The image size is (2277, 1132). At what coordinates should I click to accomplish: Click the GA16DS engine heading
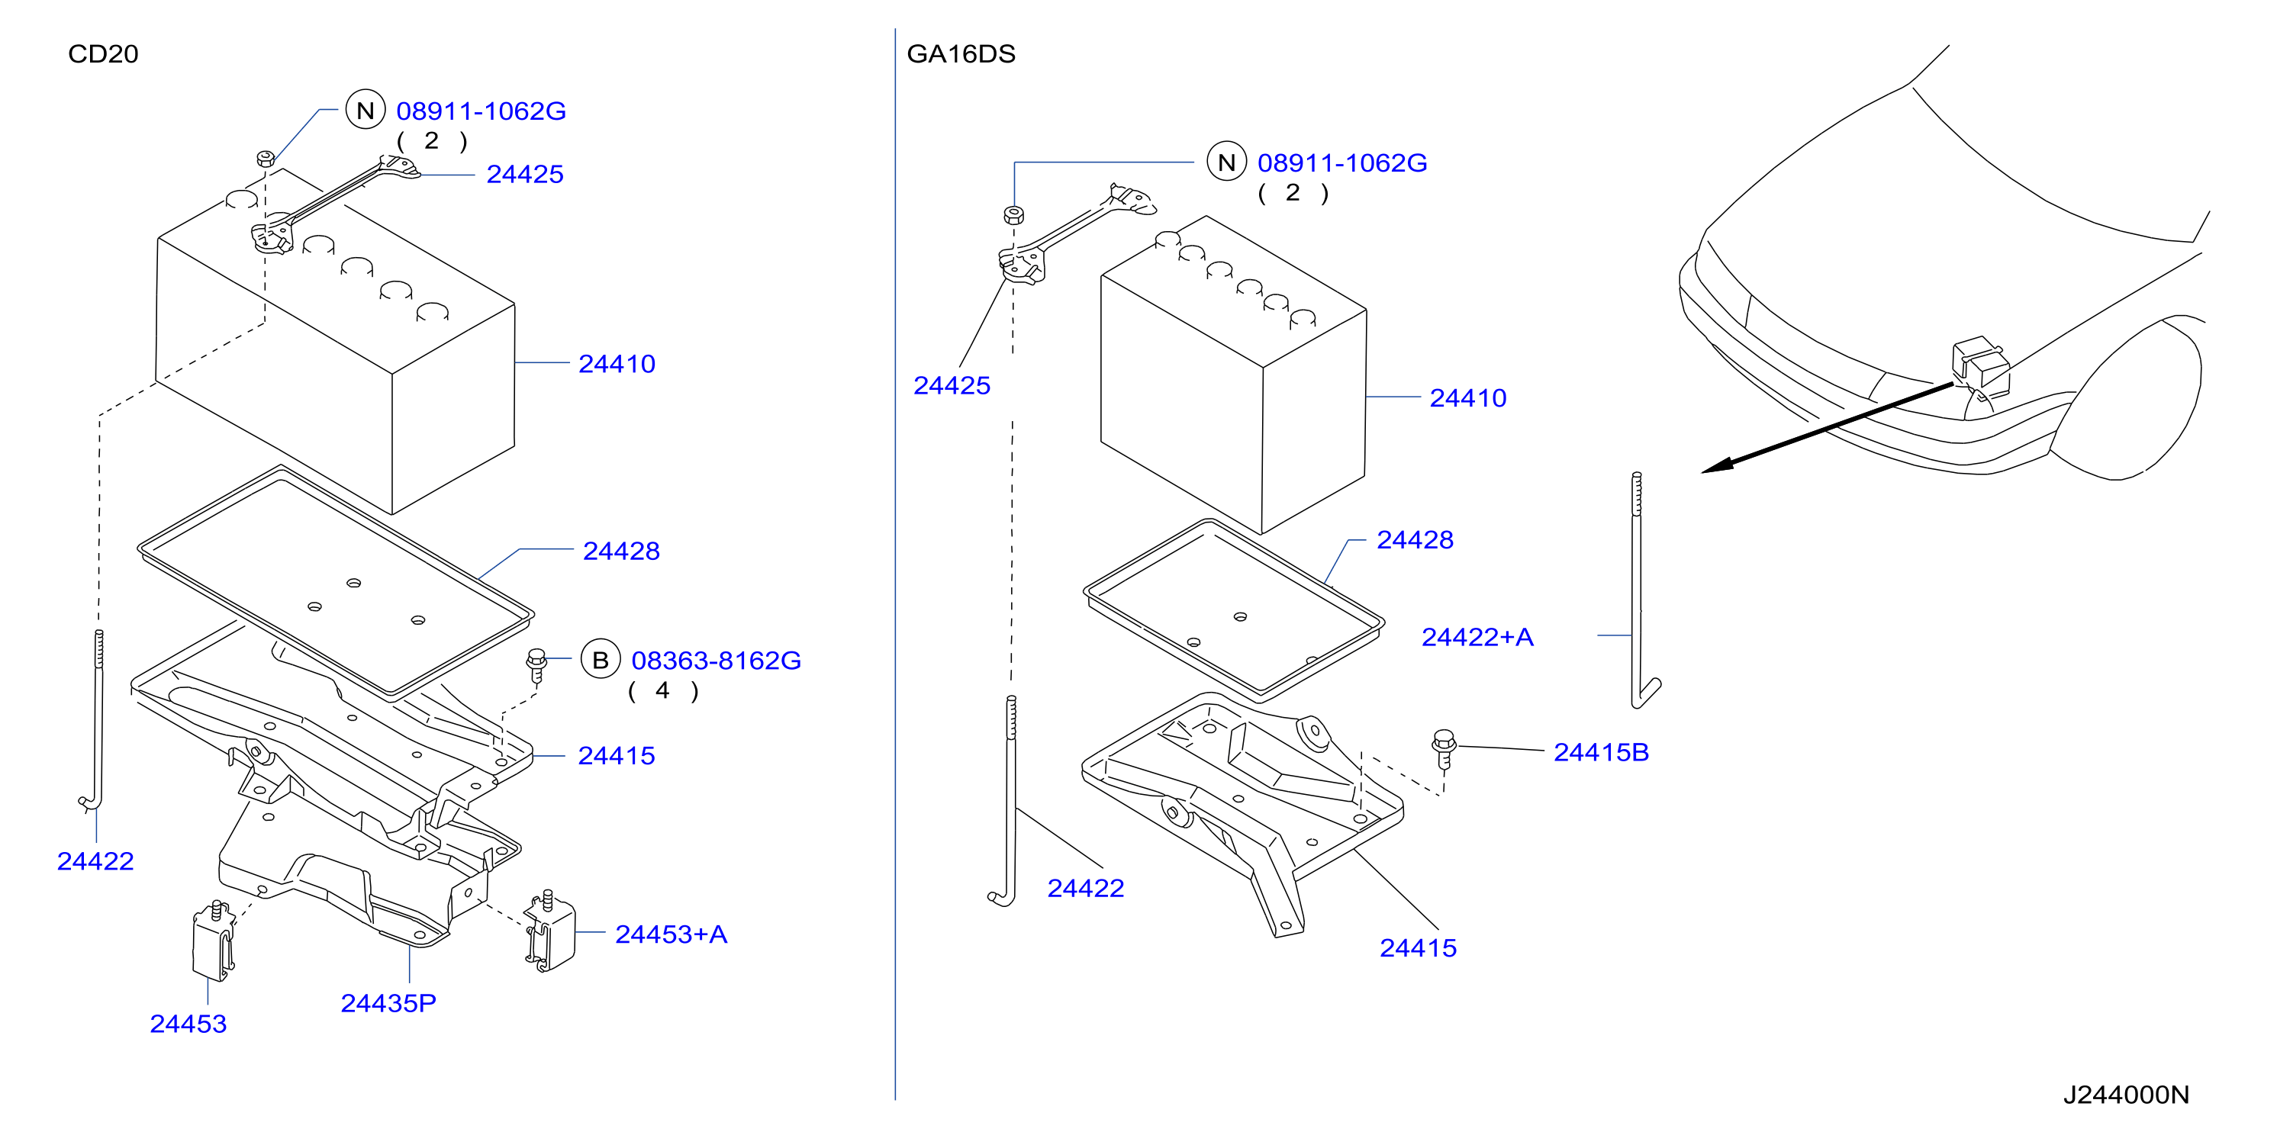pyautogui.click(x=961, y=54)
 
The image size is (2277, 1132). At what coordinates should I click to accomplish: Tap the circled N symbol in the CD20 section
pyautogui.click(x=365, y=111)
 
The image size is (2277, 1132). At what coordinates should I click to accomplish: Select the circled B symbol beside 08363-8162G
pyautogui.click(x=601, y=660)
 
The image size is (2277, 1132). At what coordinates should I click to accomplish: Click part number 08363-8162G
pyautogui.click(x=716, y=660)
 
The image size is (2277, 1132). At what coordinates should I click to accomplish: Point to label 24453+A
pyautogui.click(x=671, y=934)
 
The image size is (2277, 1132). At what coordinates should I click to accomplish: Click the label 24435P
pyautogui.click(x=388, y=1003)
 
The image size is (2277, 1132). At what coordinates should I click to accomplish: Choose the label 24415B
pyautogui.click(x=1601, y=752)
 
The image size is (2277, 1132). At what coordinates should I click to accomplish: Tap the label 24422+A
pyautogui.click(x=1477, y=637)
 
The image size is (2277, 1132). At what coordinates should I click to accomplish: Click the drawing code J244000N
pyautogui.click(x=2126, y=1095)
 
